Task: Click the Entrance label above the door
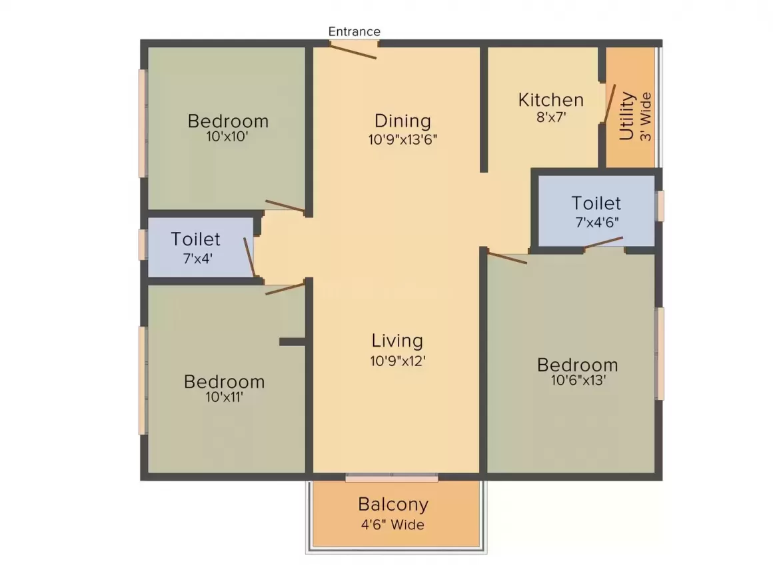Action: click(x=355, y=31)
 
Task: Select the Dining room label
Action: click(x=402, y=121)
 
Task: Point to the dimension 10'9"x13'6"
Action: click(x=402, y=140)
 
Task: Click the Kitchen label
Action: click(x=551, y=100)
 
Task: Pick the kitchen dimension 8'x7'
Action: click(x=551, y=117)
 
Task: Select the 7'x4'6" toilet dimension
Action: click(x=596, y=222)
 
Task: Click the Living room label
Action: click(x=397, y=341)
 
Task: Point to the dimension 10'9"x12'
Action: click(x=397, y=361)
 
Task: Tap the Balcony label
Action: click(x=393, y=504)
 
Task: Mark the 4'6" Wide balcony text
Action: click(x=393, y=525)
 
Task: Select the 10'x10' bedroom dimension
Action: click(x=228, y=137)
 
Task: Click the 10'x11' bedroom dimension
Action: click(x=225, y=397)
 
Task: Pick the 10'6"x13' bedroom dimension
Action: click(x=578, y=381)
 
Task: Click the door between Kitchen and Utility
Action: click(x=608, y=103)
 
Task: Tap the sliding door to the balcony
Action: click(x=392, y=477)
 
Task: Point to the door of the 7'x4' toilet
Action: click(x=250, y=257)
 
